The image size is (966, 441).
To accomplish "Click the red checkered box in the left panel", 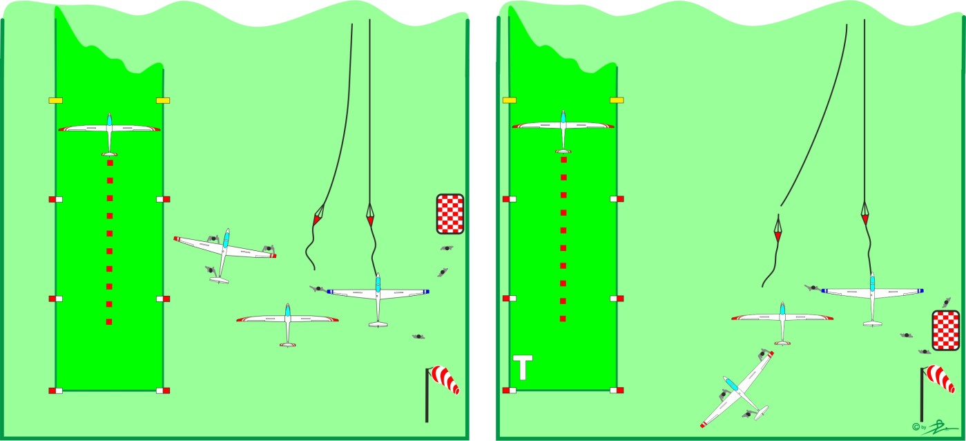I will click(x=450, y=214).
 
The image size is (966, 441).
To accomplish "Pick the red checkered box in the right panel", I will click(x=945, y=330).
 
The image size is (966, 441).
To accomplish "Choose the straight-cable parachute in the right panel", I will click(x=864, y=214).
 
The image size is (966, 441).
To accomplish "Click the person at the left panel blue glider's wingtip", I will click(x=317, y=288).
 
